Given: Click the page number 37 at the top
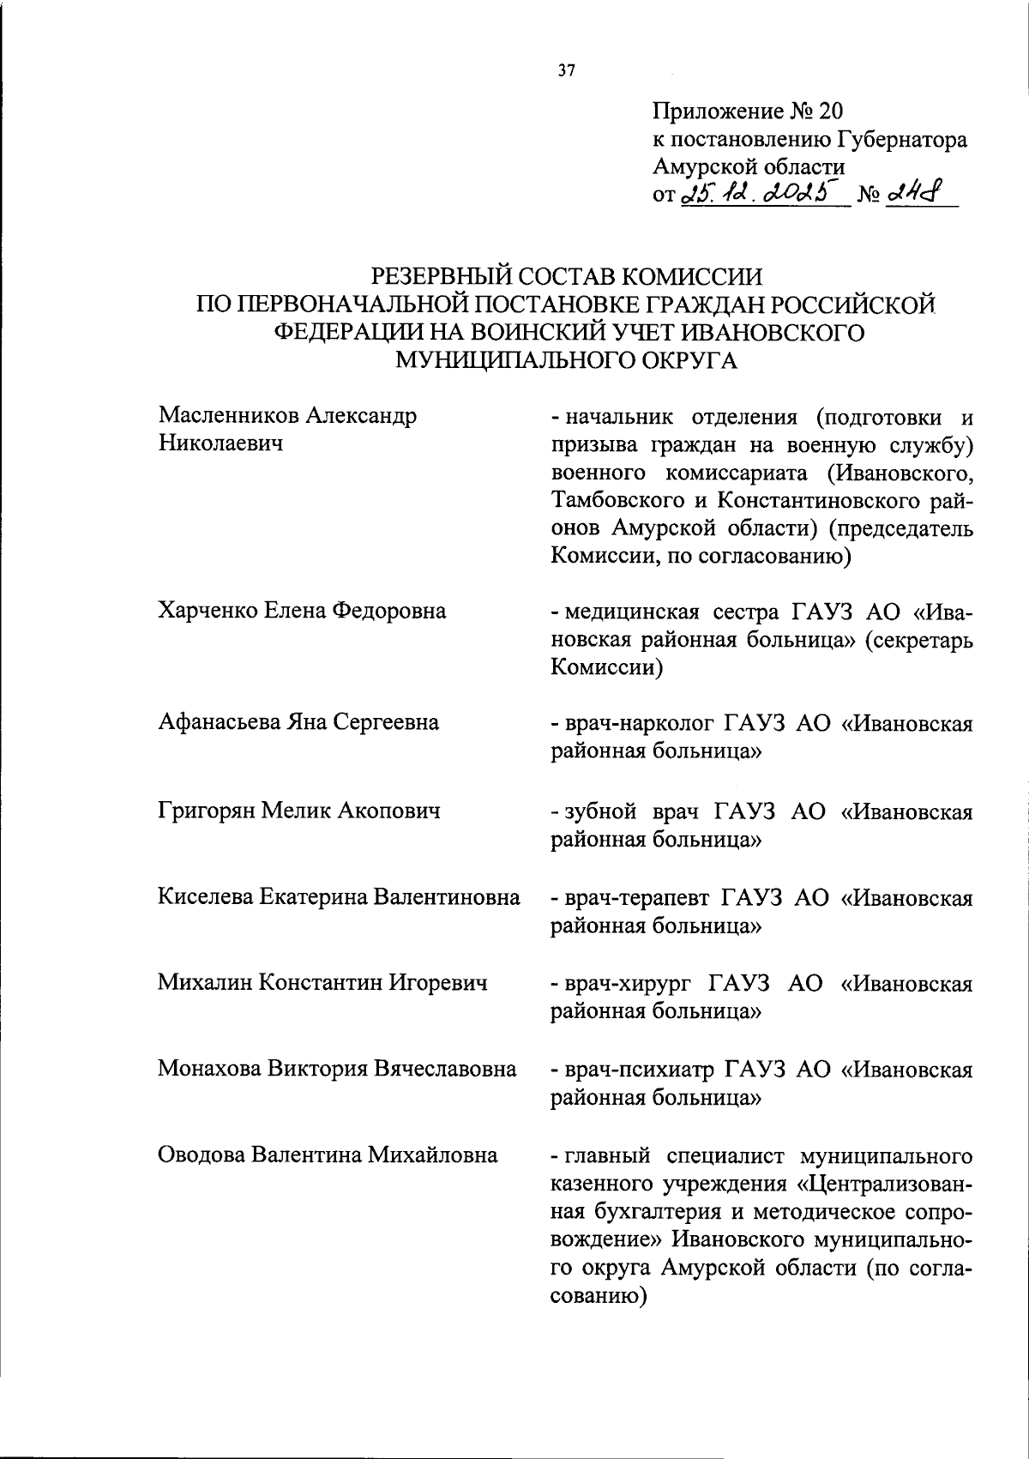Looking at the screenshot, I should point(566,71).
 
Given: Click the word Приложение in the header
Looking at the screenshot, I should point(718,111).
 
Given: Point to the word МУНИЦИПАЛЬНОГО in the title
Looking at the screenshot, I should point(511,360).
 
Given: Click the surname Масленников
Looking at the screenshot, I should point(230,416).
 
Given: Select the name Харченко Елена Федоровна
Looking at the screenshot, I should point(302,611).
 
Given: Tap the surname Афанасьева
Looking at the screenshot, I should point(219,722).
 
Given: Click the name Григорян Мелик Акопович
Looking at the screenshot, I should point(298,810).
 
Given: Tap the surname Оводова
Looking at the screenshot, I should point(201,1155).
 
